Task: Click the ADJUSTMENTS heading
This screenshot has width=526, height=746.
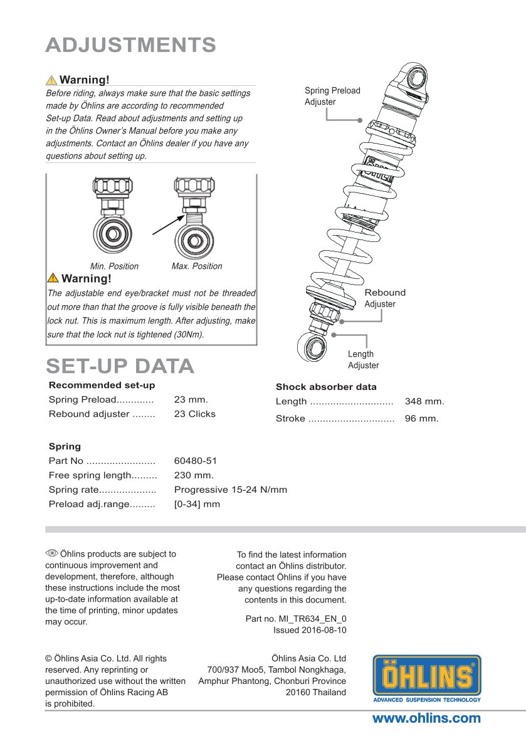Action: coord(131,45)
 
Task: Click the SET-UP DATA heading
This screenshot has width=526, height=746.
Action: coord(120,366)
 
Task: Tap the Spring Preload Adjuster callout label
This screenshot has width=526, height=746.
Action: coord(332,96)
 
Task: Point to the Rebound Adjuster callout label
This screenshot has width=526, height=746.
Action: coord(385,298)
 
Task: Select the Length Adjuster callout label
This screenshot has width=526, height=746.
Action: coord(363,360)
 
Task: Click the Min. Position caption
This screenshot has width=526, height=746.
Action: coord(114,266)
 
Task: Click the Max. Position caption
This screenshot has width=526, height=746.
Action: coord(197,266)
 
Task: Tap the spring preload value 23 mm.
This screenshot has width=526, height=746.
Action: coord(191,399)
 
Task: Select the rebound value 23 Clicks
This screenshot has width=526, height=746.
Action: coord(194,414)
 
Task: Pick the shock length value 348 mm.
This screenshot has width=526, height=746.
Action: coord(424,401)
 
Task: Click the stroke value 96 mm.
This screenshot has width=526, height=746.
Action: coord(422,418)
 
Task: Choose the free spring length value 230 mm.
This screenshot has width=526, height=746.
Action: coord(194,475)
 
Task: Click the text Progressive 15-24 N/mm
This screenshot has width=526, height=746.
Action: coord(230,490)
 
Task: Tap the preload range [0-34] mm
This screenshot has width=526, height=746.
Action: coord(197,504)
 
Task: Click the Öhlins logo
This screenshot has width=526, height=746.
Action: coord(427,678)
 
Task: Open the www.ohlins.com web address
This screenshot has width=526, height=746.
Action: coord(426,718)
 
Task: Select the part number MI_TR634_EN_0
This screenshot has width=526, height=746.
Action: coord(313,619)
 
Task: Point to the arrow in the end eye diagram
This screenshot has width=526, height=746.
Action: coord(169,224)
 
